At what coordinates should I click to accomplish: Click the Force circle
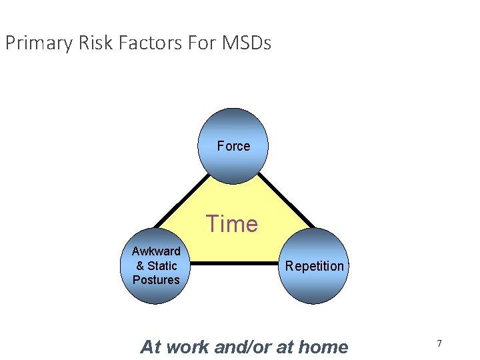233,146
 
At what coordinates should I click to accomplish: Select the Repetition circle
314,266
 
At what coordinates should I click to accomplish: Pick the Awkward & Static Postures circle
156,265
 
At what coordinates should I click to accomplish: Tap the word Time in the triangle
231,224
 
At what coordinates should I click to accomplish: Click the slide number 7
439,343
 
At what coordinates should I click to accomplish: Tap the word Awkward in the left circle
156,251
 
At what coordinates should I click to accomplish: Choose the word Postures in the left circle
156,279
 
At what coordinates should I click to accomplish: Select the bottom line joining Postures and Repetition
233,264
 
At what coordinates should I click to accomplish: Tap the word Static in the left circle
162,265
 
